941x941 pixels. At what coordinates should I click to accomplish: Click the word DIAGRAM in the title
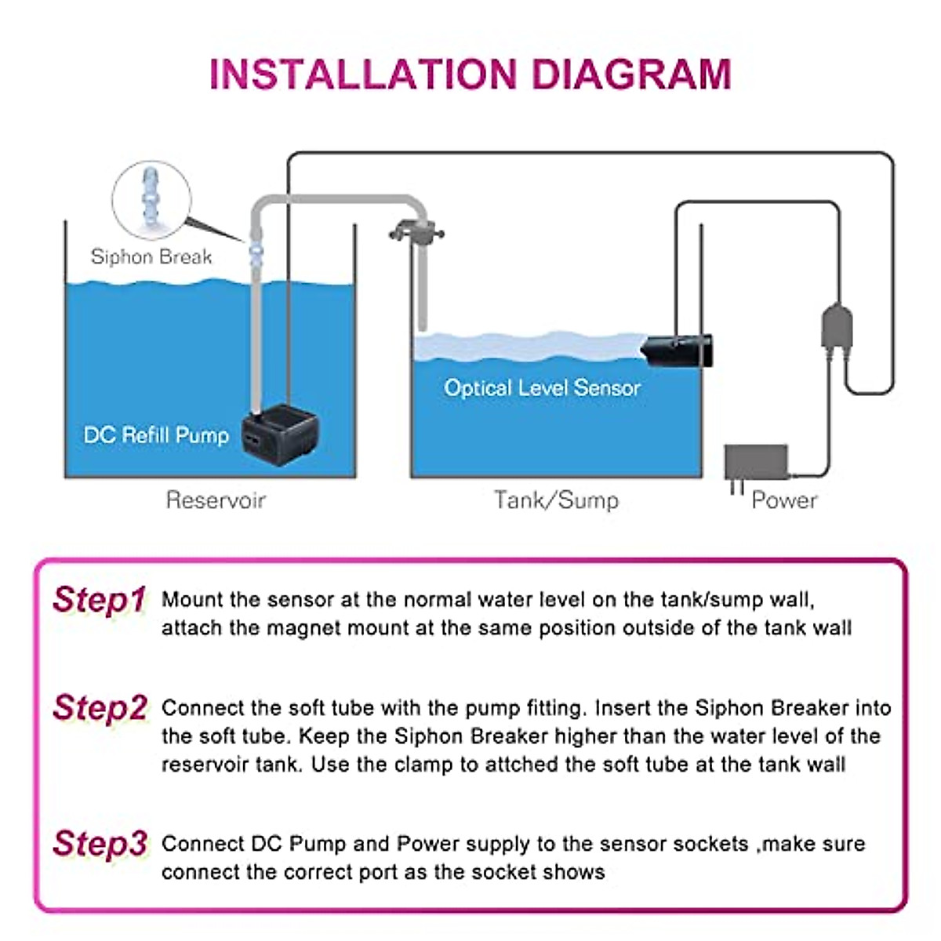pos(631,74)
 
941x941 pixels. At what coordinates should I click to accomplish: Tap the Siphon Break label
pos(151,256)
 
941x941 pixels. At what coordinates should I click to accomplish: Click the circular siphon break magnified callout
pos(151,198)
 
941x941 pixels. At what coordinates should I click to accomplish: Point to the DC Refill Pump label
pos(156,435)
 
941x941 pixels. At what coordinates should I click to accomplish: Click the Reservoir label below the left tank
pos(216,500)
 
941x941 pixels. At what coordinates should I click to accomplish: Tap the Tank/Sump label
pos(556,500)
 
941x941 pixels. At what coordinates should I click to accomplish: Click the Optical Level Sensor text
pos(542,387)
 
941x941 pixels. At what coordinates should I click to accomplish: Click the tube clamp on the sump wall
pos(416,232)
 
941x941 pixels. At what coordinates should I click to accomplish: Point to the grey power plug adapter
pos(755,463)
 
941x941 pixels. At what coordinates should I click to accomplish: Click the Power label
pos(784,500)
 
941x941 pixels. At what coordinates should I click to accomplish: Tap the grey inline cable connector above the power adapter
pos(836,327)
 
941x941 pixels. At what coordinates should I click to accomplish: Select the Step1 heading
pos(99,600)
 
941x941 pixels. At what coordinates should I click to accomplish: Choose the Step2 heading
pos(100,708)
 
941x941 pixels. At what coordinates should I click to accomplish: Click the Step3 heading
pos(100,844)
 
